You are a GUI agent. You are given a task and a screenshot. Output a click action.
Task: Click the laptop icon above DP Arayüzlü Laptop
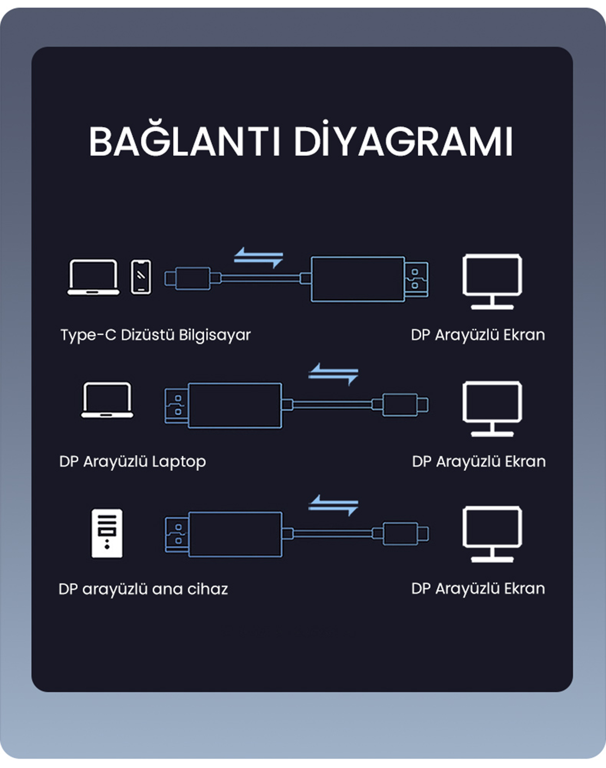point(107,400)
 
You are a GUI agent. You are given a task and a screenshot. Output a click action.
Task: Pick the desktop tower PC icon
point(107,534)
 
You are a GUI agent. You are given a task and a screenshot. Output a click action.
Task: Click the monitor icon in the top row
point(492,281)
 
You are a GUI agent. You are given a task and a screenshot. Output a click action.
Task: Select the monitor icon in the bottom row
point(492,534)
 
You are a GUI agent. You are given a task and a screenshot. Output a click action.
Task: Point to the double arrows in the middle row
point(333,374)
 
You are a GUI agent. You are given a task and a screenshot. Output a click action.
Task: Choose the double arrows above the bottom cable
point(333,505)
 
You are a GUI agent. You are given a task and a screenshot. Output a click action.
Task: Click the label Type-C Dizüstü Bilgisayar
point(155,335)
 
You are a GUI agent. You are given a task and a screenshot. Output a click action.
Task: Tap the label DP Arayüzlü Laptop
point(132,461)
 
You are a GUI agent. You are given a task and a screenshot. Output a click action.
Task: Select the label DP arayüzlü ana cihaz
point(143,589)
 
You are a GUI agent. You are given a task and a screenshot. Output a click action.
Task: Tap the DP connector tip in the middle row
point(176,405)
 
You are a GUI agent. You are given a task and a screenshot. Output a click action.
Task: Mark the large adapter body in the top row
point(358,279)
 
